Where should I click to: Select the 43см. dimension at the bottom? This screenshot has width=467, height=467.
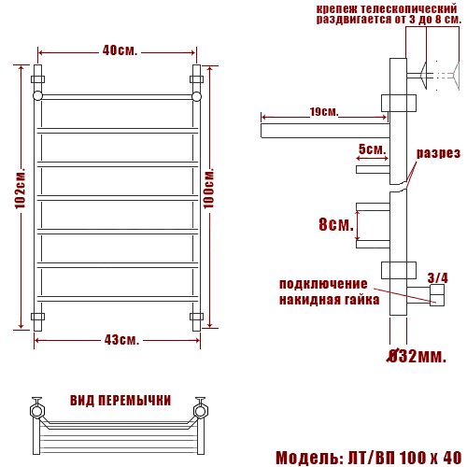[119, 339]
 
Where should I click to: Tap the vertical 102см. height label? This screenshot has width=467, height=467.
[20, 197]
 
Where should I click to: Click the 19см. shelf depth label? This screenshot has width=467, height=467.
[324, 112]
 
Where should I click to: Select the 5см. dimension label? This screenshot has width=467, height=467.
[372, 149]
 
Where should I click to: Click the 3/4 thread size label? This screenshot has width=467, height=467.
[437, 277]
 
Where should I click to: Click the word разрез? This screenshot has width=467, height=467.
[438, 153]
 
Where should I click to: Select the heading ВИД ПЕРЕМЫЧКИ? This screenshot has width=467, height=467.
[120, 400]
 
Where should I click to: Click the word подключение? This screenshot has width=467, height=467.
[323, 284]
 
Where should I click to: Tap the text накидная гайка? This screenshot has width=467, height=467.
[329, 300]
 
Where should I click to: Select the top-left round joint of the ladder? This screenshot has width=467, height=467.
[38, 95]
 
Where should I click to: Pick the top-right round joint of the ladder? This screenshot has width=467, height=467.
[197, 95]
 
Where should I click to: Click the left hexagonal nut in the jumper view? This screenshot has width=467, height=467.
[37, 408]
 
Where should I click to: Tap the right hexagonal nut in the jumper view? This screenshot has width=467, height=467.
[199, 408]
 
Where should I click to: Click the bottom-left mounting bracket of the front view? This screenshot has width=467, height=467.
[38, 317]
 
